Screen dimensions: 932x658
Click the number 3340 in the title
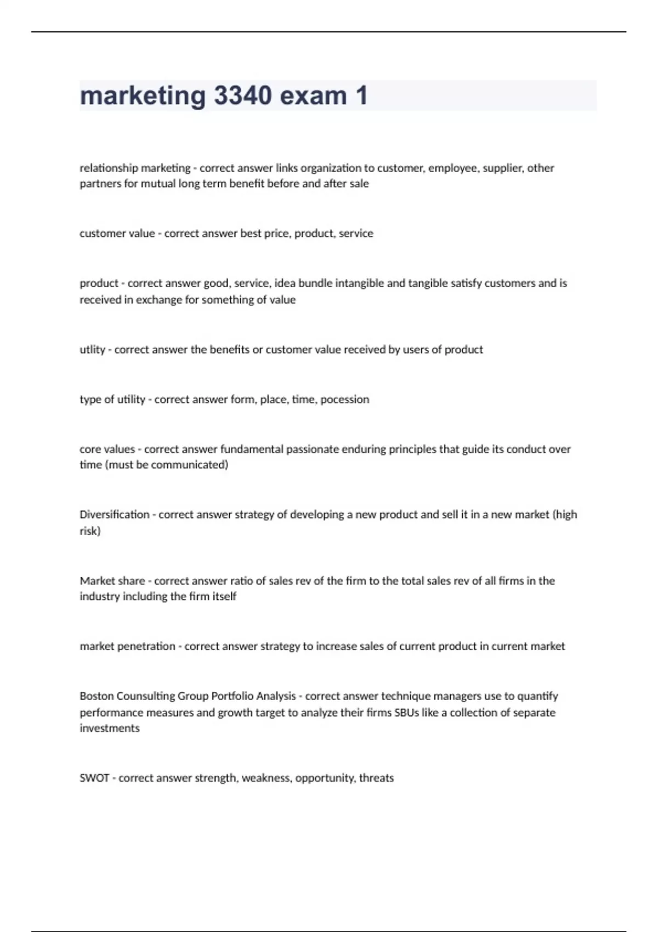coord(242,96)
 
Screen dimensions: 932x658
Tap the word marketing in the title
coord(143,96)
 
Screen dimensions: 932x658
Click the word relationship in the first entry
coord(109,168)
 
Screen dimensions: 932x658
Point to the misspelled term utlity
coord(92,349)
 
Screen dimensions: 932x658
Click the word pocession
coord(344,399)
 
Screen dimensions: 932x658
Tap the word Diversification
coord(114,514)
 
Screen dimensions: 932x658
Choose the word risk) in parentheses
coord(90,531)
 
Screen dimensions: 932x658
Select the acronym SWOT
coord(94,777)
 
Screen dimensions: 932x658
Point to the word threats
coord(376,777)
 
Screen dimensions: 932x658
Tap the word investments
coord(110,728)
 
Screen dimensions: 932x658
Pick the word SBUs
coord(406,712)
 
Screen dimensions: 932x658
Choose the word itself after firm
coord(224,596)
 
